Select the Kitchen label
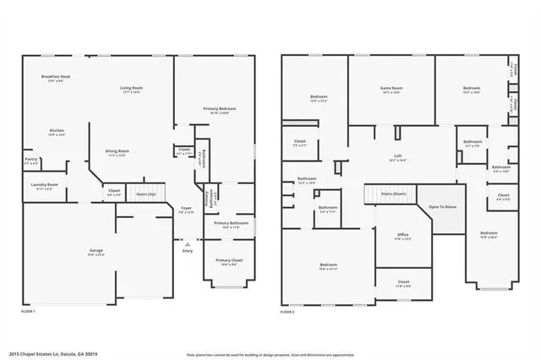pyautogui.click(x=57, y=131)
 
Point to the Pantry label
pyautogui.click(x=30, y=159)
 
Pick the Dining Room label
pyautogui.click(x=117, y=152)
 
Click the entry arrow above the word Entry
pyautogui.click(x=187, y=243)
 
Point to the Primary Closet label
pyautogui.click(x=227, y=260)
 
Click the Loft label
pyautogui.click(x=397, y=156)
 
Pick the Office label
pyautogui.click(x=403, y=235)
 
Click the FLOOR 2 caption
pyautogui.click(x=288, y=312)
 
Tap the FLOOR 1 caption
pyautogui.click(x=27, y=312)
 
